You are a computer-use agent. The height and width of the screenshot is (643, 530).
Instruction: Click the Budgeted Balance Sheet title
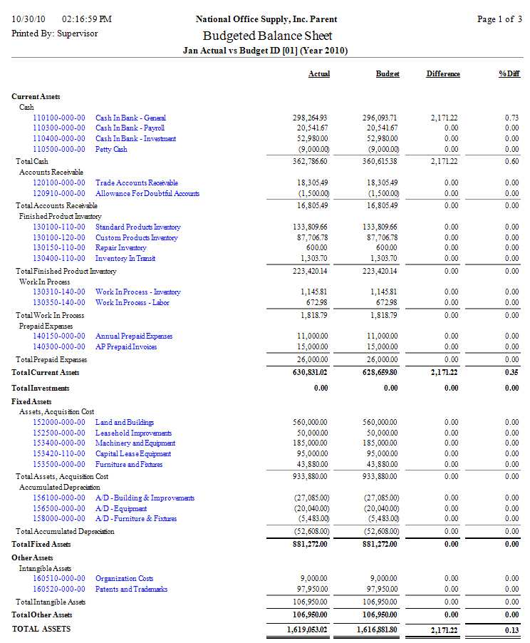click(x=267, y=36)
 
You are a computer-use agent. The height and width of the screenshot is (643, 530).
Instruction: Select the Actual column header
click(x=318, y=74)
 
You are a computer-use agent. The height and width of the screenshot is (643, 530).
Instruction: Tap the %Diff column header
click(x=509, y=74)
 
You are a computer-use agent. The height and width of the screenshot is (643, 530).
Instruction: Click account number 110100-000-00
click(x=59, y=118)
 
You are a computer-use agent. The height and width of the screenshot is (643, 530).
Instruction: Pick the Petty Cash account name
click(x=111, y=150)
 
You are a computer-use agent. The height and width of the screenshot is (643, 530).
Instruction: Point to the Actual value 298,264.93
click(x=309, y=118)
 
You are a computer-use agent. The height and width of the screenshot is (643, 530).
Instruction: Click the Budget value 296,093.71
click(x=379, y=118)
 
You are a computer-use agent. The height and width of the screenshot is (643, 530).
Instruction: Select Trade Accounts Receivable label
click(x=137, y=183)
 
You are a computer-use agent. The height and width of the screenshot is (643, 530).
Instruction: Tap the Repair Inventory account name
click(x=120, y=248)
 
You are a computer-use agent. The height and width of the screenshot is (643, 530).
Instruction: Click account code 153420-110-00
click(x=59, y=453)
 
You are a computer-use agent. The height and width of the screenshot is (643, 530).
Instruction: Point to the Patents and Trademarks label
click(x=131, y=590)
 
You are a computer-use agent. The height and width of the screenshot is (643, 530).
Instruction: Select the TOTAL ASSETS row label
click(x=41, y=629)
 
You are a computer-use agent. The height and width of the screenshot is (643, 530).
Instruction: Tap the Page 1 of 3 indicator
click(x=499, y=19)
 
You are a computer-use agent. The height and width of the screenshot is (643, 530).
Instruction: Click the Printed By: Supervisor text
click(x=55, y=34)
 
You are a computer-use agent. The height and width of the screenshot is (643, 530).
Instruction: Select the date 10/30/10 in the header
click(x=29, y=19)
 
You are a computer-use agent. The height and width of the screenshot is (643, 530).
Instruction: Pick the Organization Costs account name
click(x=124, y=579)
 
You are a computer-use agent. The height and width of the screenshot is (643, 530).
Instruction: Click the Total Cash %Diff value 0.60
click(x=511, y=162)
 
